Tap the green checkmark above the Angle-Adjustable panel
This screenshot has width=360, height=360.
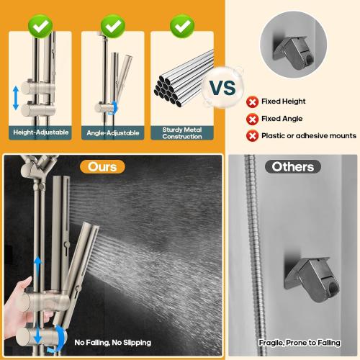coord(112,27)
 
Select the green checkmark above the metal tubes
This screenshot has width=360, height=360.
coord(181,27)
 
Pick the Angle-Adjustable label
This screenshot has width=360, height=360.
coord(112,132)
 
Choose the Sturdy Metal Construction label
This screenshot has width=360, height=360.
coord(181,132)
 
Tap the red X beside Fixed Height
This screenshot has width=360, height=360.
coord(253,102)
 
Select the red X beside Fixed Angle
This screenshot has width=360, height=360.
coord(253,119)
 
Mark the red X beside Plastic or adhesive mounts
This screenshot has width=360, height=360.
coord(253,135)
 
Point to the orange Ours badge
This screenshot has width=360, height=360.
coord(102,166)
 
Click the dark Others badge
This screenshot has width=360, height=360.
coord(293,167)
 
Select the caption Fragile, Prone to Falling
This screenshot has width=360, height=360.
coord(294,342)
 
